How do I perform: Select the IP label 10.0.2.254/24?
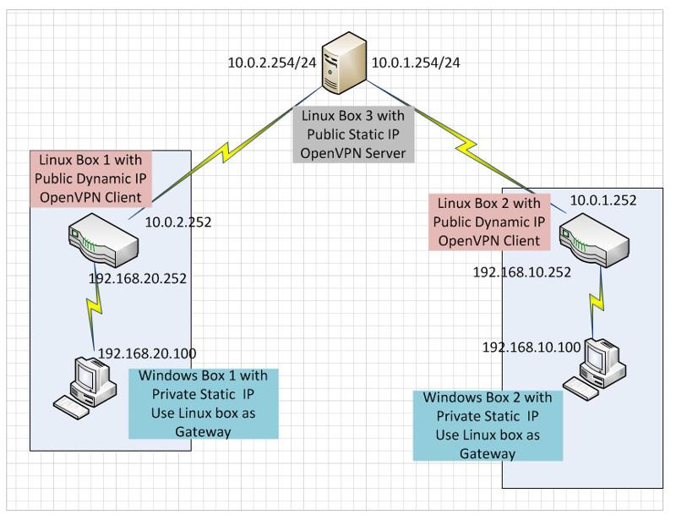[270, 62]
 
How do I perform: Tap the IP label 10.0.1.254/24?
[415, 62]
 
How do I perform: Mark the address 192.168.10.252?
[522, 272]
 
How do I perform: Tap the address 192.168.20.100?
[150, 354]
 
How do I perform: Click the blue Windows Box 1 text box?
[203, 403]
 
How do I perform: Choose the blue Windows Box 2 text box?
[488, 424]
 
